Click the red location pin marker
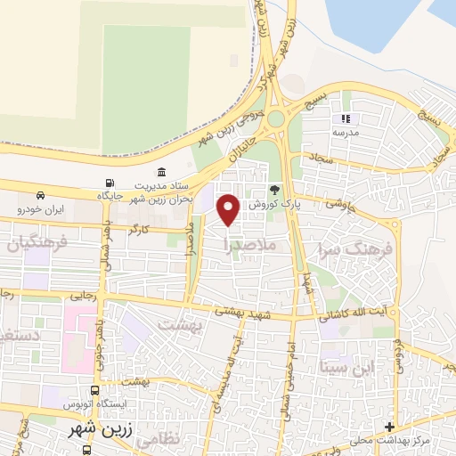click(230, 209)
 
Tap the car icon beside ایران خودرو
click(41, 195)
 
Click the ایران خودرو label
click(41, 210)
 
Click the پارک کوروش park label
click(272, 204)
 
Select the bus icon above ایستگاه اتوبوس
click(95, 391)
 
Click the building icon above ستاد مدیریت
click(161, 171)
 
